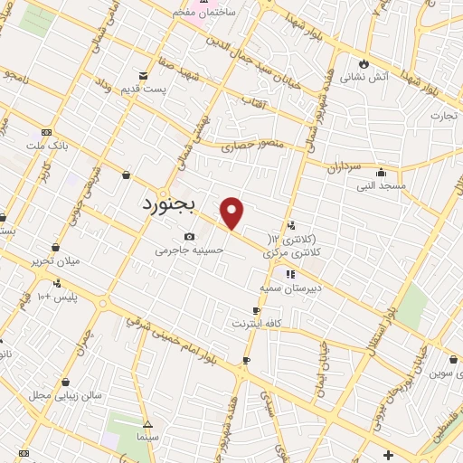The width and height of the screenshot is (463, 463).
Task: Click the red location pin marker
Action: [x=232, y=213]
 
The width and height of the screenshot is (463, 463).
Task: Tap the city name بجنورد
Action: [x=175, y=204]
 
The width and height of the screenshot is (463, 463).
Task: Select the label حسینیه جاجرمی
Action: [x=188, y=250]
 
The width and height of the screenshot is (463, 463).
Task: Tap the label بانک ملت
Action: [x=47, y=146]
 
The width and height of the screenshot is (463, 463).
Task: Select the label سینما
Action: [x=148, y=437]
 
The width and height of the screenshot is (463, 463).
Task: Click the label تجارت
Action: [x=444, y=116]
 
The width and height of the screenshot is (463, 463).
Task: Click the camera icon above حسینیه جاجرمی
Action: [x=189, y=236]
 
